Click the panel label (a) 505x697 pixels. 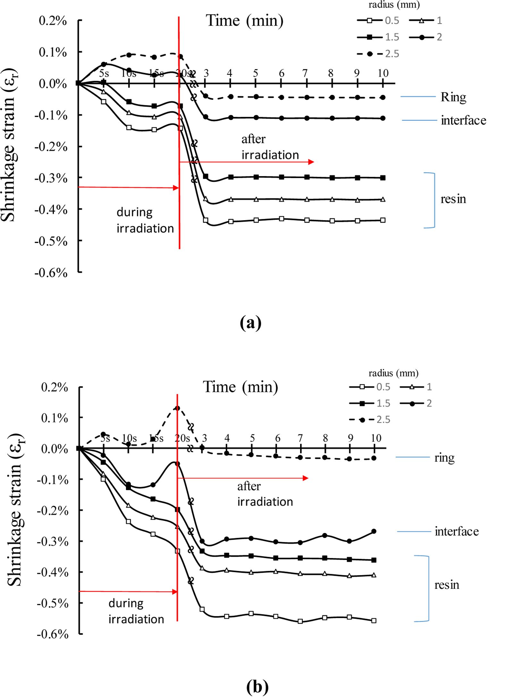(250, 323)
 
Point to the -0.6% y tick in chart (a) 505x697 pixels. (51, 273)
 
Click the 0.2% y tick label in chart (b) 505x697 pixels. (54, 387)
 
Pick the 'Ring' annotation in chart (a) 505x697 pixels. (453, 97)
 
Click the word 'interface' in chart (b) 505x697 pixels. (457, 531)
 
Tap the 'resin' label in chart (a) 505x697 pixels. (453, 199)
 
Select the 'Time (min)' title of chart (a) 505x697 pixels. (244, 21)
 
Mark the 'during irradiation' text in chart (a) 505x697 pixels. (145, 220)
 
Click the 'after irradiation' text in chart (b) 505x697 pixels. (265, 494)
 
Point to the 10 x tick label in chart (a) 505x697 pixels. (383, 73)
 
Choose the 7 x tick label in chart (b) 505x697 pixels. (300, 438)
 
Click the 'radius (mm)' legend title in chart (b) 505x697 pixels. (393, 373)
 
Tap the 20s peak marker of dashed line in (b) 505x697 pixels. (177, 408)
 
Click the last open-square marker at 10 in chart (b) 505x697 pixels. (374, 621)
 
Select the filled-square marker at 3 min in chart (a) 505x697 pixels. (206, 176)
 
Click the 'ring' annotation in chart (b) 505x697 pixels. (444, 457)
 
